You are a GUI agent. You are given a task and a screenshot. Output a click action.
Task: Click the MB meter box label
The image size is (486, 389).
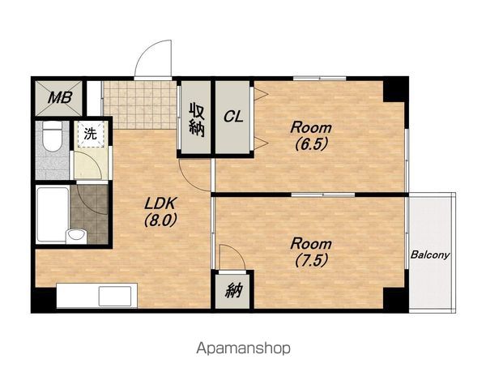(60, 98)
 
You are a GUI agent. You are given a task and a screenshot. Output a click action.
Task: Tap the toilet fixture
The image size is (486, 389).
(53, 135)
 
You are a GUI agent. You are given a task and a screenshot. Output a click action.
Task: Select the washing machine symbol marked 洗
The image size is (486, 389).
(91, 134)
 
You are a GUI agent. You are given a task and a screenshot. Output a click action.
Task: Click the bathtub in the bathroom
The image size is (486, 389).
(52, 215)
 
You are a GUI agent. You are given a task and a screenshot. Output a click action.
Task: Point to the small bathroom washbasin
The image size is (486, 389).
(76, 235)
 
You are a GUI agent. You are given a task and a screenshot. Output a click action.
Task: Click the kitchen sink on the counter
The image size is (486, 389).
(115, 297)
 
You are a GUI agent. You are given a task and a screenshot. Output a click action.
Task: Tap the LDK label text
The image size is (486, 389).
(160, 203)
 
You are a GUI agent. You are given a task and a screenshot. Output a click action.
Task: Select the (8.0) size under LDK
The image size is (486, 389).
(160, 220)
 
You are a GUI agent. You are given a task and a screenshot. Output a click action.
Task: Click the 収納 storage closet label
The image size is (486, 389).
(197, 119)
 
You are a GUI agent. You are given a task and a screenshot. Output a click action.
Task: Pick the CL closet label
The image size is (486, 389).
(233, 117)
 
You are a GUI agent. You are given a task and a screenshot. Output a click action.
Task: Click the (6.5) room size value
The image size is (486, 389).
(311, 144)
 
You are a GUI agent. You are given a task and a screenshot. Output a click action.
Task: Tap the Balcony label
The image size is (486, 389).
(430, 255)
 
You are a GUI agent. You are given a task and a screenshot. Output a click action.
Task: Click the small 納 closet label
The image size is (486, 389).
(233, 291)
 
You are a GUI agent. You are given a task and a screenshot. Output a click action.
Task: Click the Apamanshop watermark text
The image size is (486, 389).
(243, 348)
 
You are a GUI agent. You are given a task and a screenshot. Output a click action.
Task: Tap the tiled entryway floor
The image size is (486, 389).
(139, 105)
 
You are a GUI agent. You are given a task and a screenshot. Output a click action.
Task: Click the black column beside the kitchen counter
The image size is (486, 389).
(44, 298)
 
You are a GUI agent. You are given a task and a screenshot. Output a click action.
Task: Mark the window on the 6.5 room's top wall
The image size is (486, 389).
(320, 79)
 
